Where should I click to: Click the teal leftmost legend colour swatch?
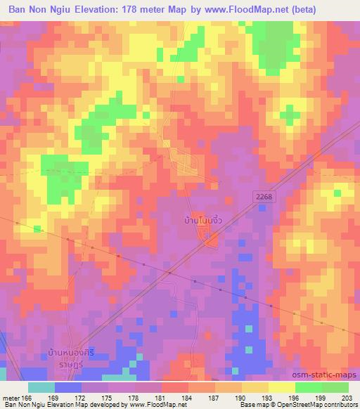coord(41,387)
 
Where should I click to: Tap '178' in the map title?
coord(136,9)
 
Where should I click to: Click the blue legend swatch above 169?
coord(68,387)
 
